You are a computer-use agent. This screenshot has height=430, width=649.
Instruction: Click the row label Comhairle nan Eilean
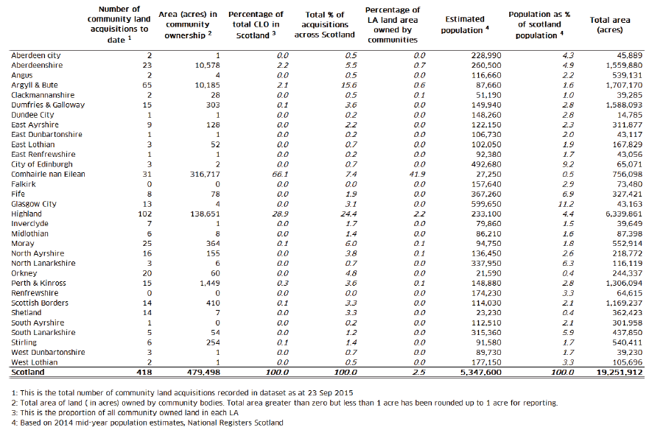pyautogui.click(x=48, y=175)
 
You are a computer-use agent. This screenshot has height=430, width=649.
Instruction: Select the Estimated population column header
pyautogui.click(x=464, y=24)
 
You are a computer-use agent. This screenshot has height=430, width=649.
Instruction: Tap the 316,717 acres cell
pyautogui.click(x=205, y=175)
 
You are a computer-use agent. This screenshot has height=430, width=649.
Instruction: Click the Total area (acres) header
pyautogui.click(x=610, y=24)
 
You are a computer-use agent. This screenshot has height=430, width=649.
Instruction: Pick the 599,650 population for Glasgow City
pyautogui.click(x=486, y=204)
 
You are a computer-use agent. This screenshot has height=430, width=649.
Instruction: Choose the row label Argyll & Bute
pyautogui.click(x=35, y=85)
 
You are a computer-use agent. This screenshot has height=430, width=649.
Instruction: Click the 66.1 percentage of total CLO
pyautogui.click(x=280, y=175)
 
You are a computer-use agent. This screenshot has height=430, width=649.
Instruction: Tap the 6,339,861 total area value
pyautogui.click(x=624, y=214)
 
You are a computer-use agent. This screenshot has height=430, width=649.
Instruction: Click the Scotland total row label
pyautogui.click(x=28, y=372)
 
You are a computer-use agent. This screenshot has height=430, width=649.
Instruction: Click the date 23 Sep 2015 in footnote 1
pyautogui.click(x=330, y=392)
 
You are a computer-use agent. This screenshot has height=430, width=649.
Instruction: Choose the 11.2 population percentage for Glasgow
pyautogui.click(x=566, y=204)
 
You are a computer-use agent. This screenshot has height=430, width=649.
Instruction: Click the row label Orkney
pyautogui.click(x=24, y=273)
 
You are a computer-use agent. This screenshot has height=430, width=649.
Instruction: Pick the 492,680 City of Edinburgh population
pyautogui.click(x=486, y=164)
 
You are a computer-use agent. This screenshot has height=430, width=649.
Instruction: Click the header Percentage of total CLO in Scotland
pyautogui.click(x=256, y=25)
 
